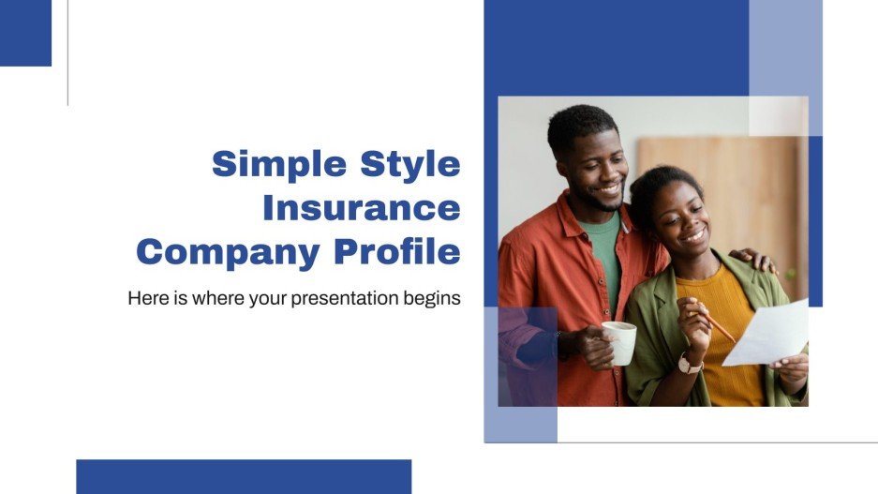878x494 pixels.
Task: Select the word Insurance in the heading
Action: [x=361, y=208]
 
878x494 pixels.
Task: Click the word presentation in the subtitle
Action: [x=349, y=300]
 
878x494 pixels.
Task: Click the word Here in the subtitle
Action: [x=146, y=300]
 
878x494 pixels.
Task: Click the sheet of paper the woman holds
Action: [x=766, y=334]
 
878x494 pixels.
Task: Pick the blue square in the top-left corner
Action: [x=25, y=33]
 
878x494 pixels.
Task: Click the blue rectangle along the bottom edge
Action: [x=244, y=476]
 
